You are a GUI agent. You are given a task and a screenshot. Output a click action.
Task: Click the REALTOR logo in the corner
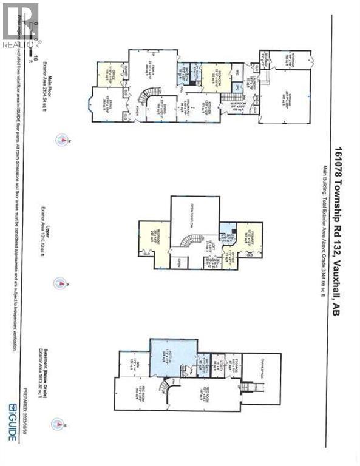pos(21,25)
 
